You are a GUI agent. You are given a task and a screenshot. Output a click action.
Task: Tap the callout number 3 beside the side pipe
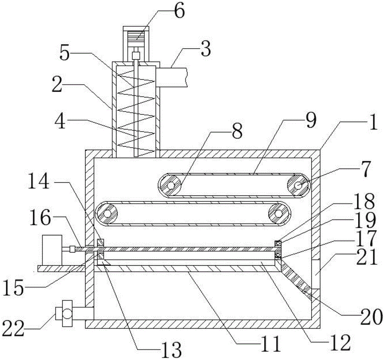pyautogui.click(x=206, y=50)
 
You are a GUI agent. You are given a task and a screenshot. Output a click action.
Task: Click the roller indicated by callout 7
pyautogui.click(x=298, y=186)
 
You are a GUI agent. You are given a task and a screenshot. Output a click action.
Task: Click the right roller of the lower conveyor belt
pyautogui.click(x=280, y=212)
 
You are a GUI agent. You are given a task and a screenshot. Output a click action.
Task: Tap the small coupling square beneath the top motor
pyautogui.click(x=135, y=55)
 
